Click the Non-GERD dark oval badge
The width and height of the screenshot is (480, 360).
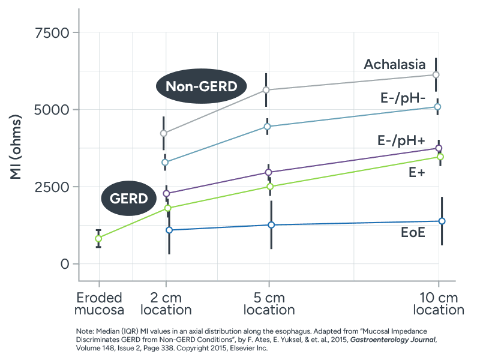(x=202, y=86)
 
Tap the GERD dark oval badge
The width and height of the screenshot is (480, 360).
(x=130, y=198)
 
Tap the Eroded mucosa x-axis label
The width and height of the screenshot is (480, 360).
(x=99, y=304)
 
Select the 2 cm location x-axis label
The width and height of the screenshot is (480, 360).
(x=166, y=304)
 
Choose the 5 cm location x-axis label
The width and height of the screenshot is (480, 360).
(x=269, y=304)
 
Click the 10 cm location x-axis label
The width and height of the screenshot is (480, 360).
(x=439, y=304)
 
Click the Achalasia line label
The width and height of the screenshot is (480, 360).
(x=395, y=64)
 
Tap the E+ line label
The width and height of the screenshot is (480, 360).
(x=417, y=172)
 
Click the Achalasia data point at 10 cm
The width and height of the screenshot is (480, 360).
(x=436, y=74)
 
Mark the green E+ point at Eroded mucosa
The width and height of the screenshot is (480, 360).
(x=98, y=239)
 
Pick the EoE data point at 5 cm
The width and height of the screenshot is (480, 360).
(x=271, y=225)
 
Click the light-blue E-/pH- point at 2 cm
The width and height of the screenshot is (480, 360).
(x=166, y=162)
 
